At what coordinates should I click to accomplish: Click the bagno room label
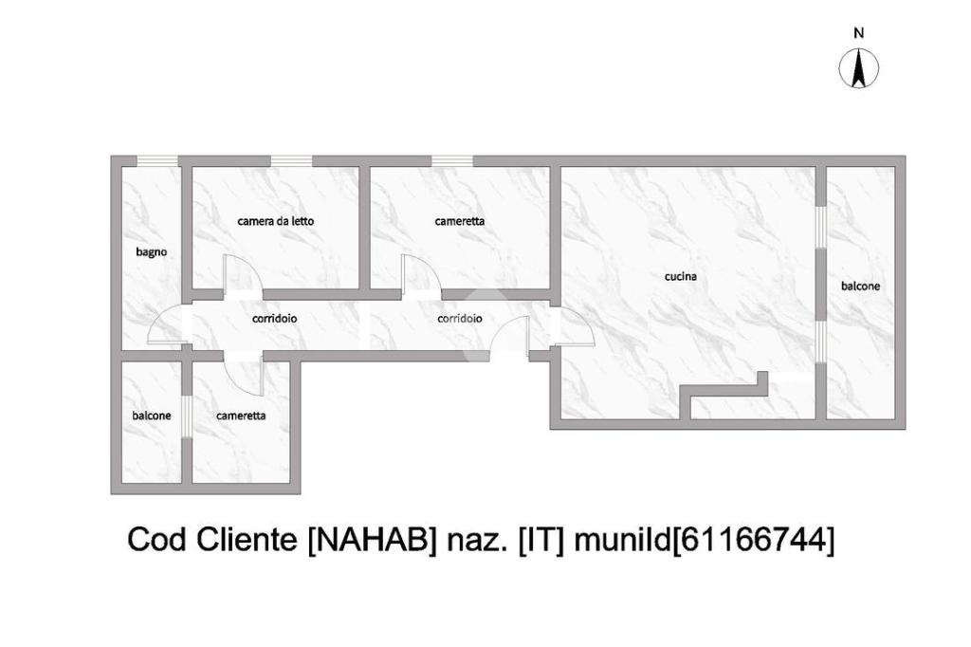pyautogui.click(x=152, y=251)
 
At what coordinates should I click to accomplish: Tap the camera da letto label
pyautogui.click(x=275, y=221)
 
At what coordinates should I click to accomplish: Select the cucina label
pyautogui.click(x=681, y=277)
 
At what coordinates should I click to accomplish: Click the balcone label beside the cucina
pyautogui.click(x=860, y=286)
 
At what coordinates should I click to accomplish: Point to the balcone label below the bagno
pyautogui.click(x=152, y=416)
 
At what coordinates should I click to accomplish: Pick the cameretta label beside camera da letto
pyautogui.click(x=460, y=221)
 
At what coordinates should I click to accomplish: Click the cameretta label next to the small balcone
pyautogui.click(x=241, y=416)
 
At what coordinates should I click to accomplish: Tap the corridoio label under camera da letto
pyautogui.click(x=274, y=319)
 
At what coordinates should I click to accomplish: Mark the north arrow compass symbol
pyautogui.click(x=858, y=68)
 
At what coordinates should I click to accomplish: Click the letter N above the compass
pyautogui.click(x=858, y=33)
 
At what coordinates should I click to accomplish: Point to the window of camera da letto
pyautogui.click(x=291, y=160)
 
